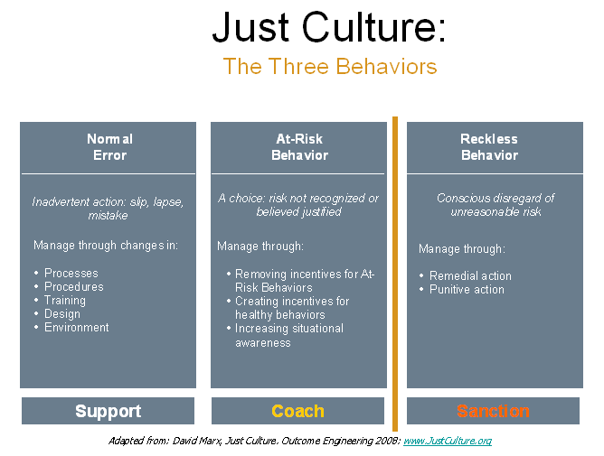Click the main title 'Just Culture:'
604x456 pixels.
329,27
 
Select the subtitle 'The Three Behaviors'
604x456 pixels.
330,66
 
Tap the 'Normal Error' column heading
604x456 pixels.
109,147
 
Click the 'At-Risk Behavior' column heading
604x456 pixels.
299,147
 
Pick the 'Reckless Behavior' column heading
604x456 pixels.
489,147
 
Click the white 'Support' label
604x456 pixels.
109,411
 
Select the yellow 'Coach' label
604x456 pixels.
297,411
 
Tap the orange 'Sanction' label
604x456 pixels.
493,411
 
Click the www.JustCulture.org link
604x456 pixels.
448,441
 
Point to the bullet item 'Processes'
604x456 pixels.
71,273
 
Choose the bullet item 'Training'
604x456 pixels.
65,300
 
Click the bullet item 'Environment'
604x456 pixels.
77,327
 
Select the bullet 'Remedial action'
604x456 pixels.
470,275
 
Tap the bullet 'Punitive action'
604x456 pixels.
467,289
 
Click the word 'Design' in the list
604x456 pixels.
62,314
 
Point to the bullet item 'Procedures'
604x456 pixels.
74,286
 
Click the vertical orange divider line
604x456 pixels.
395,274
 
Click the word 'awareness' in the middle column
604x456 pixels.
263,342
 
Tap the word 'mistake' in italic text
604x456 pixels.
108,215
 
